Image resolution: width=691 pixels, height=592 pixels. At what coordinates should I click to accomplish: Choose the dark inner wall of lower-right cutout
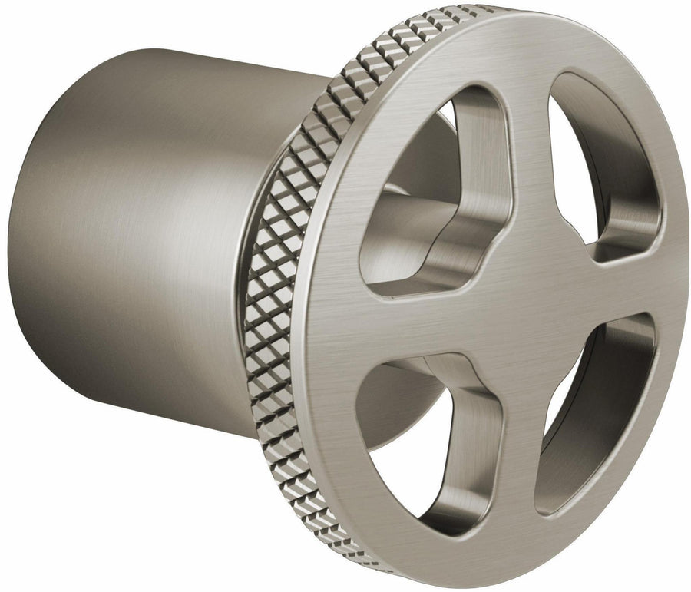click(614, 399)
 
